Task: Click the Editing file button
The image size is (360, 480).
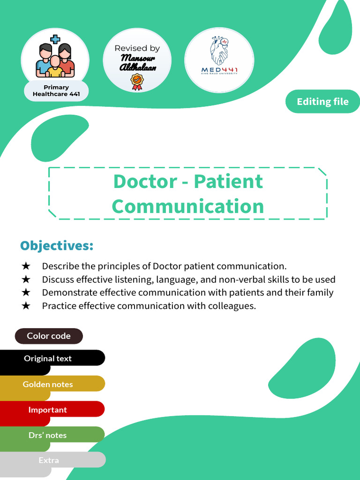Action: point(322,102)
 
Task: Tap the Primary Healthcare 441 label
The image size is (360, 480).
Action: point(56,90)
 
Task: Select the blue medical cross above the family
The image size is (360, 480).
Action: point(55,39)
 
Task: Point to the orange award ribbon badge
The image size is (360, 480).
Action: point(137,82)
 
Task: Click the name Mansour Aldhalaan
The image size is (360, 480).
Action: point(137,63)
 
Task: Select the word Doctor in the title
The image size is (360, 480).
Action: point(145,181)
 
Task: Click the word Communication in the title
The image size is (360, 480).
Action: point(188,206)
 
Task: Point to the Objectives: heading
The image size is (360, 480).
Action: point(57,246)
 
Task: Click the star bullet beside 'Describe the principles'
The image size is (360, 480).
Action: point(26,266)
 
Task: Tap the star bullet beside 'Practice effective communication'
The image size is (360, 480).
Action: point(26,306)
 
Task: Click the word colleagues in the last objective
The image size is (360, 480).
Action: point(232,306)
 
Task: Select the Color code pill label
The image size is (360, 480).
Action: point(49,336)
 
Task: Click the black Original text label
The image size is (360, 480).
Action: point(48,359)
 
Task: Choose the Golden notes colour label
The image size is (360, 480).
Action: point(48,384)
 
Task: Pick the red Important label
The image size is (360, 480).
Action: point(47,410)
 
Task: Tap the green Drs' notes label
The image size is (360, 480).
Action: point(47,435)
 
